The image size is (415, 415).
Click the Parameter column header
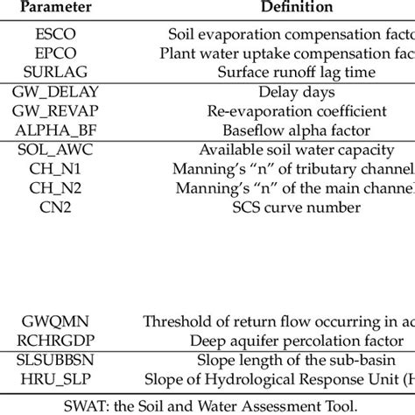pyautogui.click(x=60, y=8)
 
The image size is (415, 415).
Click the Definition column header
pyautogui.click(x=278, y=8)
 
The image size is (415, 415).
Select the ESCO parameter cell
pyautogui.click(x=60, y=35)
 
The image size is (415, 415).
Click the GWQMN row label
pyautogui.click(x=60, y=320)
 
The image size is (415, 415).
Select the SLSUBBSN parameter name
pyautogui.click(x=60, y=359)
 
